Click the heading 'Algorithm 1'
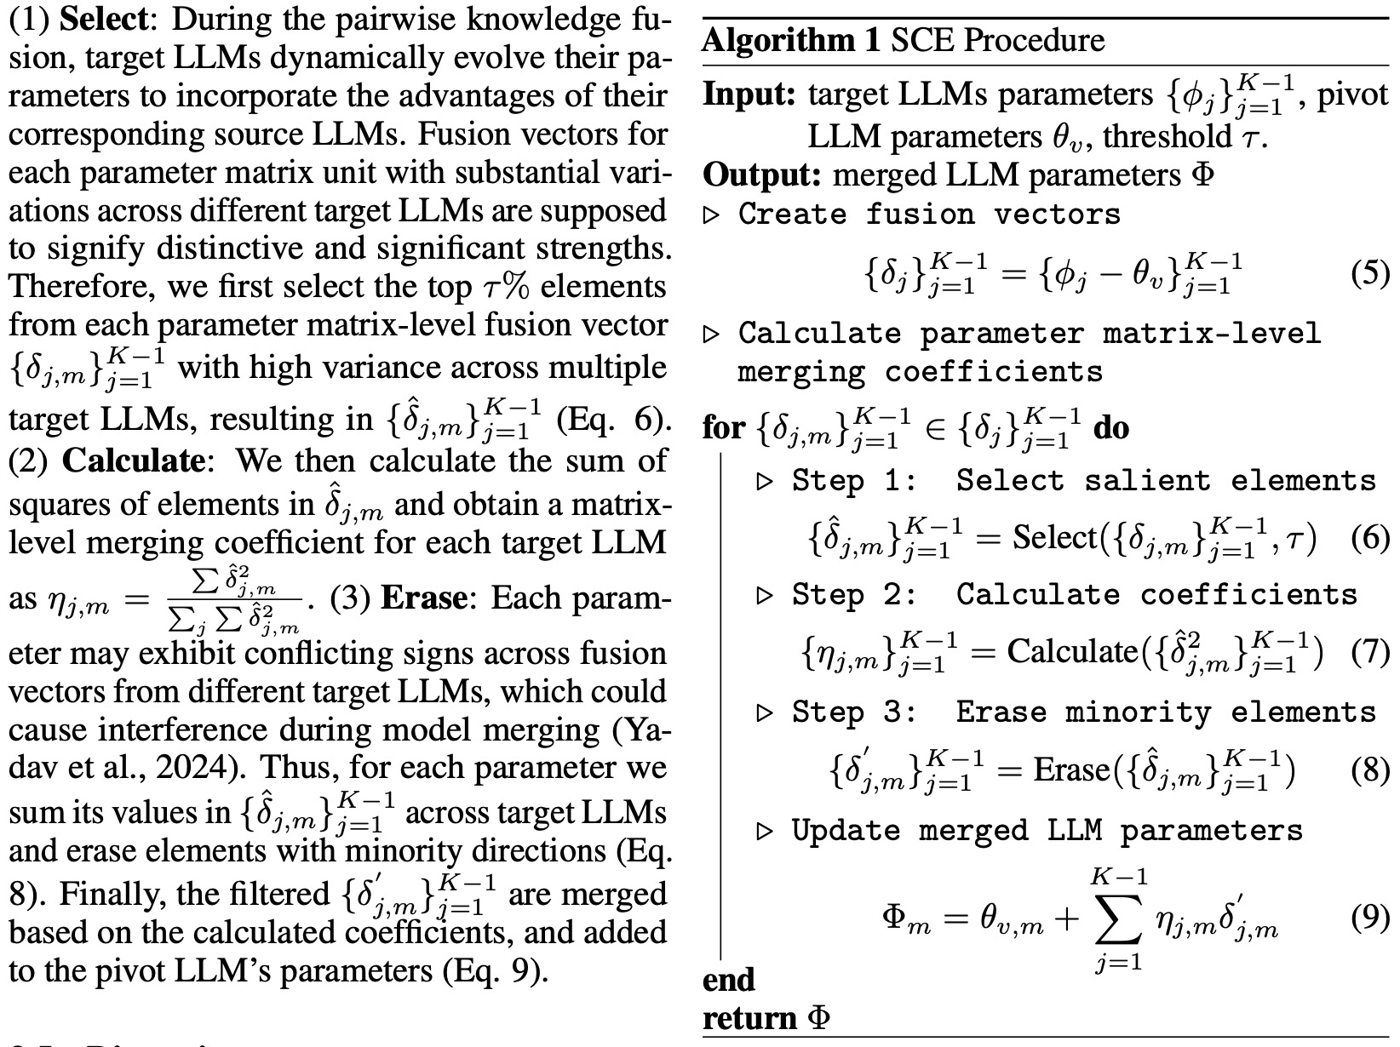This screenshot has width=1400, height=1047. [791, 40]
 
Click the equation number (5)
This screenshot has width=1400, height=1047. [1370, 274]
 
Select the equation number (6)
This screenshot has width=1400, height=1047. [1370, 538]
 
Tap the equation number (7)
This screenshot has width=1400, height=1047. [1370, 652]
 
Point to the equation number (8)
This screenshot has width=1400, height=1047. [1370, 770]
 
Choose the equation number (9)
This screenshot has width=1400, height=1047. [1370, 918]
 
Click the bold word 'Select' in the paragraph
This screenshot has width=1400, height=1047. [103, 20]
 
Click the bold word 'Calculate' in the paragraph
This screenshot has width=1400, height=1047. [133, 461]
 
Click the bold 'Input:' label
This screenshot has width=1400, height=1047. [749, 94]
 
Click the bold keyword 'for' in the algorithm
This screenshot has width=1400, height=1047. [723, 427]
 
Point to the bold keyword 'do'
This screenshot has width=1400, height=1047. [1111, 427]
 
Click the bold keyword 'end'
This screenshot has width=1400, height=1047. [728, 980]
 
